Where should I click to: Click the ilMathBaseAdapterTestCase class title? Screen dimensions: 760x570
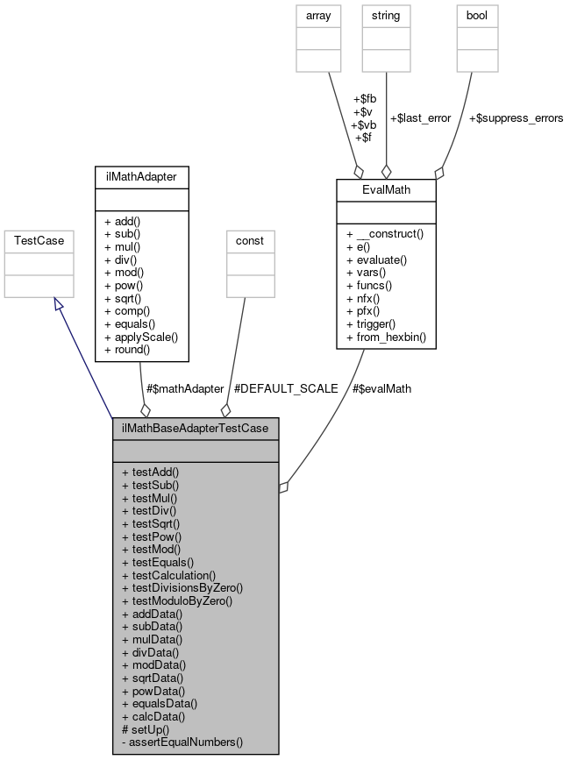tap(196, 428)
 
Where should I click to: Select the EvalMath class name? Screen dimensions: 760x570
tap(386, 189)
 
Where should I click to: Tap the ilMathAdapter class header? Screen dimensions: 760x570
tap(141, 177)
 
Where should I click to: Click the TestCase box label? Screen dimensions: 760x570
tap(35, 239)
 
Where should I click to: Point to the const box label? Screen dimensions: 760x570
tap(251, 239)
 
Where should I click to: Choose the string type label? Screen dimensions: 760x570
tap(386, 14)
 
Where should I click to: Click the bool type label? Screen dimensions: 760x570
tap(476, 14)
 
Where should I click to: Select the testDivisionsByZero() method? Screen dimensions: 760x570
tap(182, 587)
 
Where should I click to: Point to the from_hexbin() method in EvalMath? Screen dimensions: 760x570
tap(386, 337)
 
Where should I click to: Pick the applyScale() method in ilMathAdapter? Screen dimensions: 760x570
tap(140, 336)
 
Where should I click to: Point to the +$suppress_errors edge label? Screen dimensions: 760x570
tap(516, 117)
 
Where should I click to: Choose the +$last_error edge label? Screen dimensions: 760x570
tap(420, 117)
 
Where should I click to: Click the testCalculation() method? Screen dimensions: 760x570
tap(168, 574)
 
